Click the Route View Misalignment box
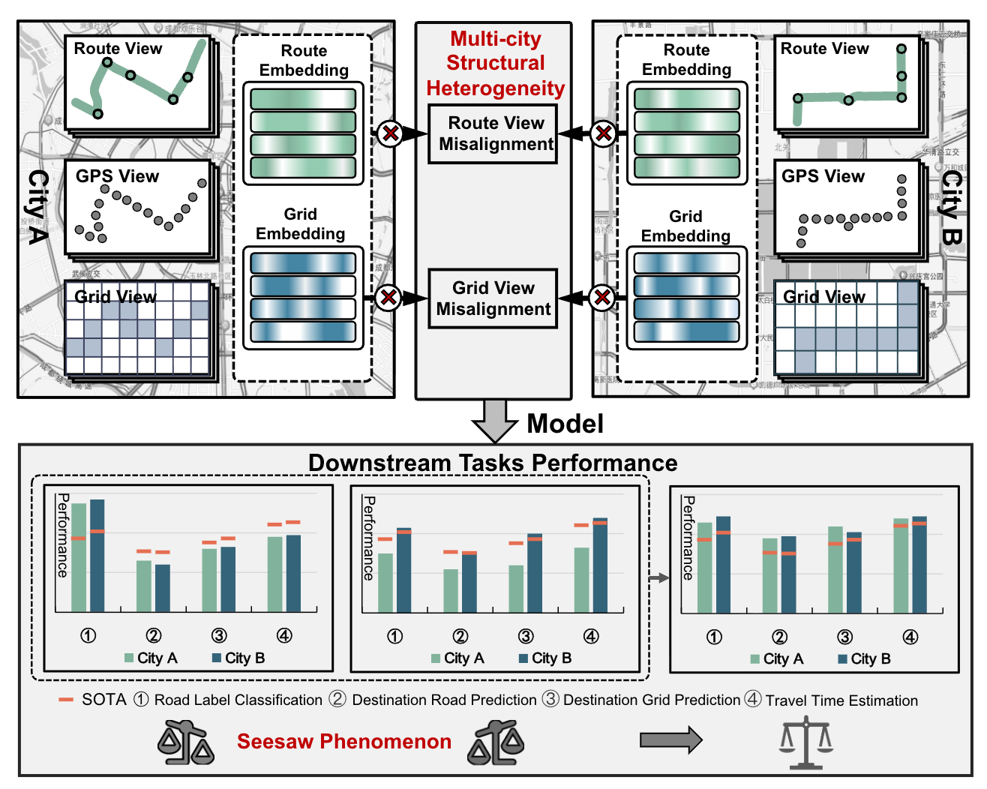pos(493,133)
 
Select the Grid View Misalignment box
pos(493,298)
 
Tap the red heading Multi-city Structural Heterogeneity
pos(495,64)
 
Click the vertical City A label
pos(37,207)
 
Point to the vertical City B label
pos(951,207)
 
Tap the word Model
pos(565,424)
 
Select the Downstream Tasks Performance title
pos(493,463)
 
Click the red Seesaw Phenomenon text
pos(344,741)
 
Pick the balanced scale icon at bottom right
pos(806,742)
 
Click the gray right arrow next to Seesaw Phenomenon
pos(670,740)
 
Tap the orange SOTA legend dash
pos(66,700)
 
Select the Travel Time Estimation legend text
pos(841,700)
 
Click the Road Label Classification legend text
pos(238,700)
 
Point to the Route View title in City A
pos(118,49)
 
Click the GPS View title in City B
pos(823,176)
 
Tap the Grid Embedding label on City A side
pos(300,223)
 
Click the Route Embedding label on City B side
pos(686,60)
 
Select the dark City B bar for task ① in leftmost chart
pos(97,555)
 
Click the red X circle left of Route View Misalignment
pos(390,133)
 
